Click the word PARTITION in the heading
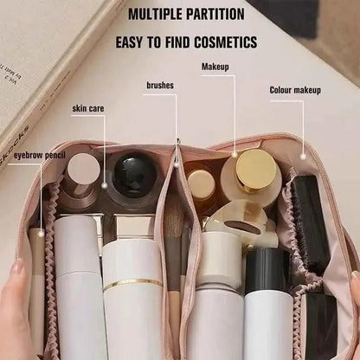pos(220,14)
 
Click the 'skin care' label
pos(88,108)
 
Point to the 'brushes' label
pos(160,86)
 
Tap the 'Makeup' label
pos(215,67)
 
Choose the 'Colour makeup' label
pos(295,90)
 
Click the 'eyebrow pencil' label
pos(22,156)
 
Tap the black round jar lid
pos(134,173)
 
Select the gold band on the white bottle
pos(132,282)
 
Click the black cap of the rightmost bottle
pos(266,270)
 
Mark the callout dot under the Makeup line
pos(234,153)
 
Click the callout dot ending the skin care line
pos(105,183)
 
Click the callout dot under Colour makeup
pos(303,156)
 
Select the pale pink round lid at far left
pos(84,168)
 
